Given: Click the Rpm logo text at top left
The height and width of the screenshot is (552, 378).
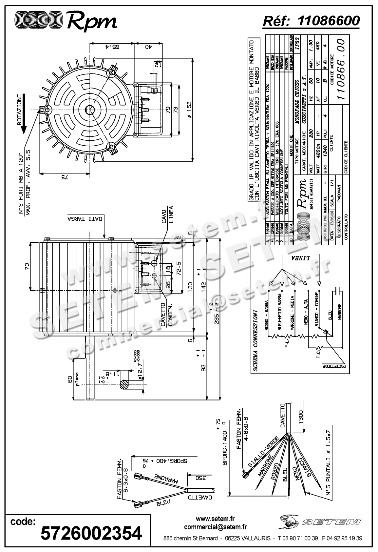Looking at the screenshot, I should pyautogui.click(x=92, y=22).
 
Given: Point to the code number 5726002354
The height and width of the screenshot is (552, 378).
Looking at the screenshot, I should pyautogui.click(x=91, y=533).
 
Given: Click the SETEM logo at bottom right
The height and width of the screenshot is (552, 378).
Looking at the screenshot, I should pyautogui.click(x=320, y=521).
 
